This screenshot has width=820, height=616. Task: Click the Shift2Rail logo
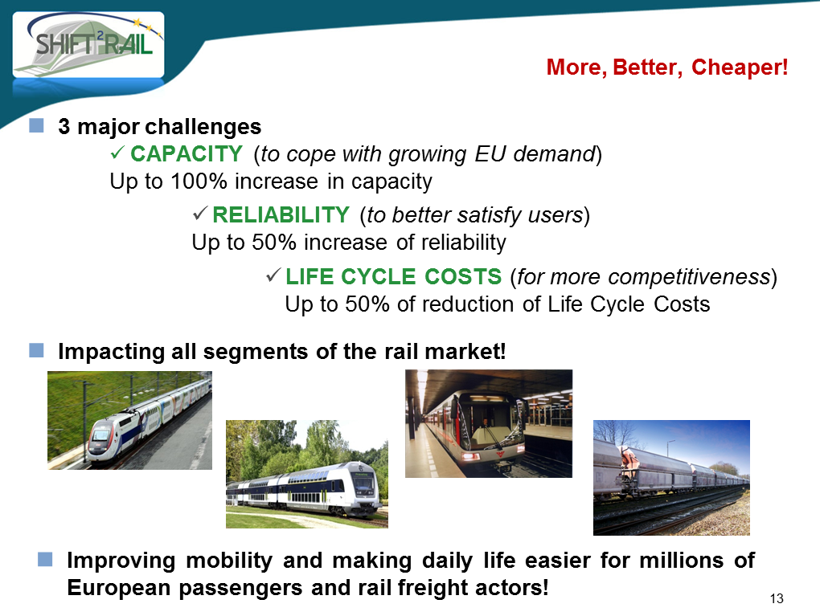[x=88, y=45]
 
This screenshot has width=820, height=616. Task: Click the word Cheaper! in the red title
[x=740, y=67]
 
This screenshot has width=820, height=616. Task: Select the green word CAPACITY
[x=187, y=153]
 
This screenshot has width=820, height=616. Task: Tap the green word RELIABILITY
[x=281, y=214]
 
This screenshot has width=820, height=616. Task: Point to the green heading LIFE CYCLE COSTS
[x=393, y=276]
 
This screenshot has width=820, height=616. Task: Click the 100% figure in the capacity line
[x=199, y=182]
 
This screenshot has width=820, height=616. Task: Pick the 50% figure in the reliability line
[x=274, y=243]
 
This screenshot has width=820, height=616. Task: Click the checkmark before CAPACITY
[x=117, y=153]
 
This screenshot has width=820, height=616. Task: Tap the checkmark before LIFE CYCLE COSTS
[x=273, y=275]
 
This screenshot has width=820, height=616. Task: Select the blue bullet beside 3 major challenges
[x=36, y=125]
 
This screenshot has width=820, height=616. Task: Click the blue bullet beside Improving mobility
[x=45, y=559]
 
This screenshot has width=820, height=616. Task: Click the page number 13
[x=777, y=599]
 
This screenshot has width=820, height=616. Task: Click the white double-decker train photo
[x=307, y=474]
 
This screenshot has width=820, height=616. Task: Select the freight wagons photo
[x=671, y=478]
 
